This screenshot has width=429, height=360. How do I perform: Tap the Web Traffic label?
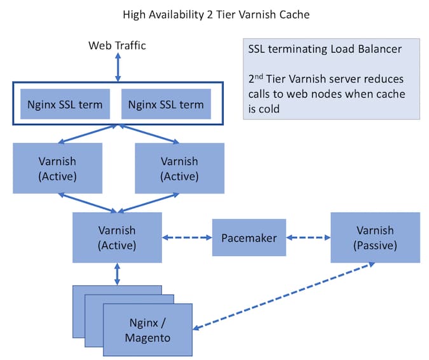[117, 45]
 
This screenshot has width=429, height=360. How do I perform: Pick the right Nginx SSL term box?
[166, 103]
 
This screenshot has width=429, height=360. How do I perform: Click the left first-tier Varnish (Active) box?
[58, 168]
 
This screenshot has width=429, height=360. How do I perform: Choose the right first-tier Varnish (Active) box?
[180, 168]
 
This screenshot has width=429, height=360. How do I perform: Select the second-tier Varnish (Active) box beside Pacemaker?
[117, 237]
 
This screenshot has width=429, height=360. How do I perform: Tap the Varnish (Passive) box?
[375, 237]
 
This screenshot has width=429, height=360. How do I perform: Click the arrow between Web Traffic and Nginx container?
[117, 67]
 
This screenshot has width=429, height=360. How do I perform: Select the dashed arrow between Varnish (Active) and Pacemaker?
[186, 238]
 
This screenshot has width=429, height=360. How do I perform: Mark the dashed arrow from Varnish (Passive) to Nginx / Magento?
[283, 296]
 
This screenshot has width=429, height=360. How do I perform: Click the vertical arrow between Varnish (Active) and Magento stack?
[117, 274]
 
